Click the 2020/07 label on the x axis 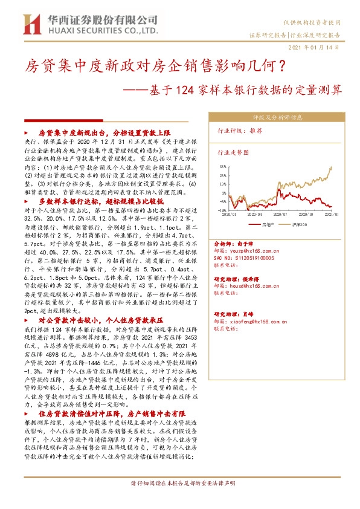(280, 213)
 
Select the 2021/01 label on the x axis (331, 213)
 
